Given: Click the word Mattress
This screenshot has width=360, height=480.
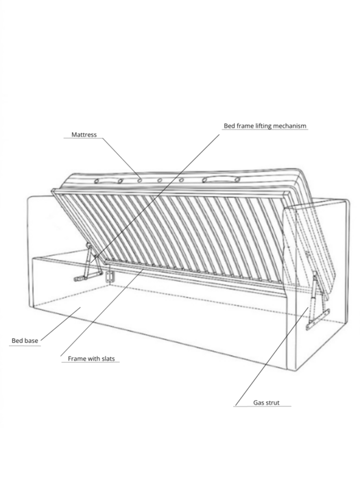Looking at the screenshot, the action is click(84, 134).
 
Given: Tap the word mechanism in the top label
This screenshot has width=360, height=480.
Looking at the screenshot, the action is click(289, 125).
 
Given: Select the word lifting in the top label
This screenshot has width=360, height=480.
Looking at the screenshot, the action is click(263, 125).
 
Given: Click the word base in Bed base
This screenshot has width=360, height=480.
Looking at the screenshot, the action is click(32, 340).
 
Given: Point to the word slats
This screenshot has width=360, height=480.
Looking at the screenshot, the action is click(108, 359).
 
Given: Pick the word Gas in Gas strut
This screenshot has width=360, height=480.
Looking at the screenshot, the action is click(259, 403).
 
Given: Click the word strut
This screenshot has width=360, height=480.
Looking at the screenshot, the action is click(272, 403).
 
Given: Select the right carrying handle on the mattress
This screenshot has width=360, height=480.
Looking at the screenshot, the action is click(221, 179).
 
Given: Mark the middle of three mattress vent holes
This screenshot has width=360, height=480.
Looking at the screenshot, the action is click(160, 180).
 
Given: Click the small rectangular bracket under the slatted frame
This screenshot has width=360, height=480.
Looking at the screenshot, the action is click(109, 276).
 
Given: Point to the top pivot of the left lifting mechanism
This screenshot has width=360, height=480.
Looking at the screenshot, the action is click(88, 245).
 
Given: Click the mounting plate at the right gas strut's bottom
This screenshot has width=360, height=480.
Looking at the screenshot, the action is click(317, 320).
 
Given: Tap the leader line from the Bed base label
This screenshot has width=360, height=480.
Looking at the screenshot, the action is click(60, 324).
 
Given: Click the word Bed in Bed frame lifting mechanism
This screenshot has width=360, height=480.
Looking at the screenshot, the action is click(229, 125).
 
